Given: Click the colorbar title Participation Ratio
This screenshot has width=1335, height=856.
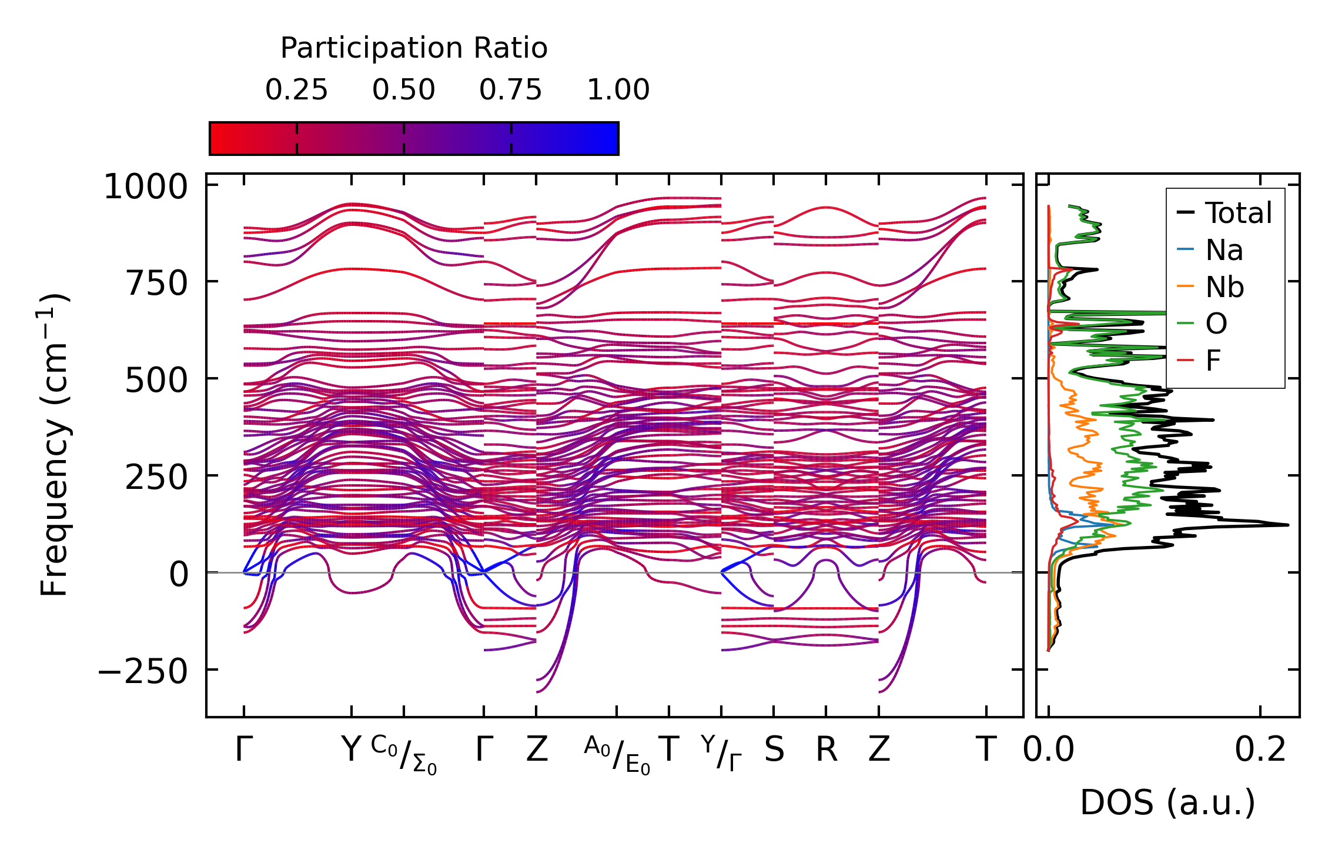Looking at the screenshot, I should tap(414, 48).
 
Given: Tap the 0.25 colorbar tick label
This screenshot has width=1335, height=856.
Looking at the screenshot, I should tap(296, 90).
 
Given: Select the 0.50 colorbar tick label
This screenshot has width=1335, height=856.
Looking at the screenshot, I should tap(403, 90).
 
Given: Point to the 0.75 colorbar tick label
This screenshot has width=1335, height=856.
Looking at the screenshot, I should tap(510, 90).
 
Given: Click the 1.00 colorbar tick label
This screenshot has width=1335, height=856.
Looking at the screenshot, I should tap(618, 90).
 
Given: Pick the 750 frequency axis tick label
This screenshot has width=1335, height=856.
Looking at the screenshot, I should tap(156, 284).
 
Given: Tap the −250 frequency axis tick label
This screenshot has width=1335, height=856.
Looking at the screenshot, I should tap(142, 671).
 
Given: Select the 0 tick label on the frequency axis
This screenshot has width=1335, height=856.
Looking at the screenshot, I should tap(179, 574).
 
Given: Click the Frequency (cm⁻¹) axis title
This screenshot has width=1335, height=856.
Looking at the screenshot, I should tap(55, 445).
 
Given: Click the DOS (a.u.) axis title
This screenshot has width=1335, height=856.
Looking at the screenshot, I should tap(1167, 802).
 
